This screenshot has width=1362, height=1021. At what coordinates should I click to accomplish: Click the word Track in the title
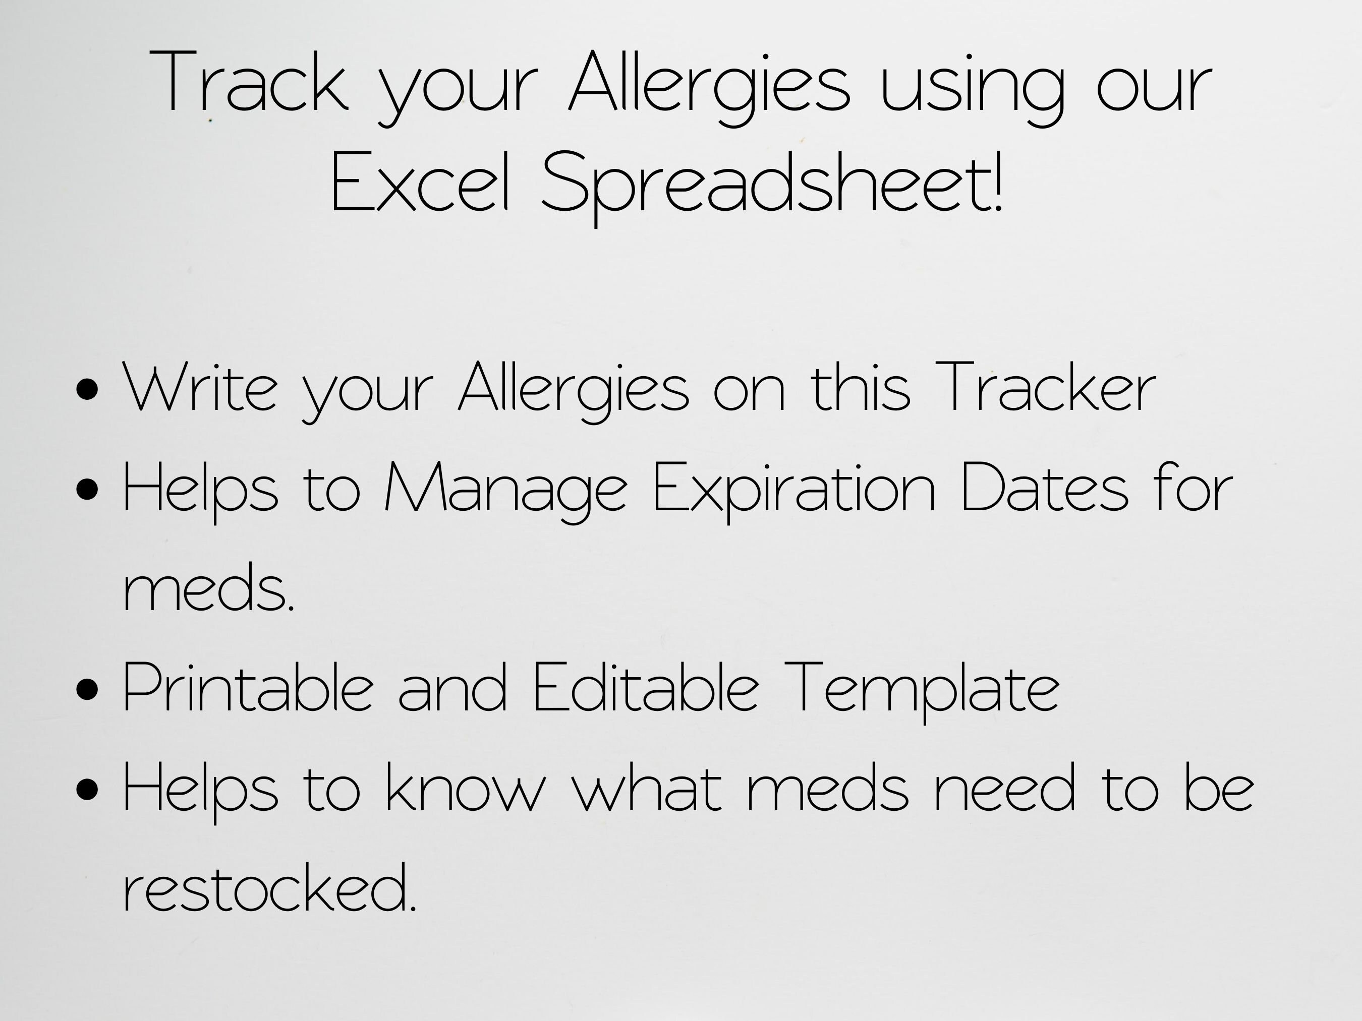point(249,83)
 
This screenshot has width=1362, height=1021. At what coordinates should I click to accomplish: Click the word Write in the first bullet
point(201,388)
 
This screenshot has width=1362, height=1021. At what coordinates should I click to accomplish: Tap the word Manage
point(505,489)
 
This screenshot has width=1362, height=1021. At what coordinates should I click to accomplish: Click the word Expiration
point(794,489)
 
